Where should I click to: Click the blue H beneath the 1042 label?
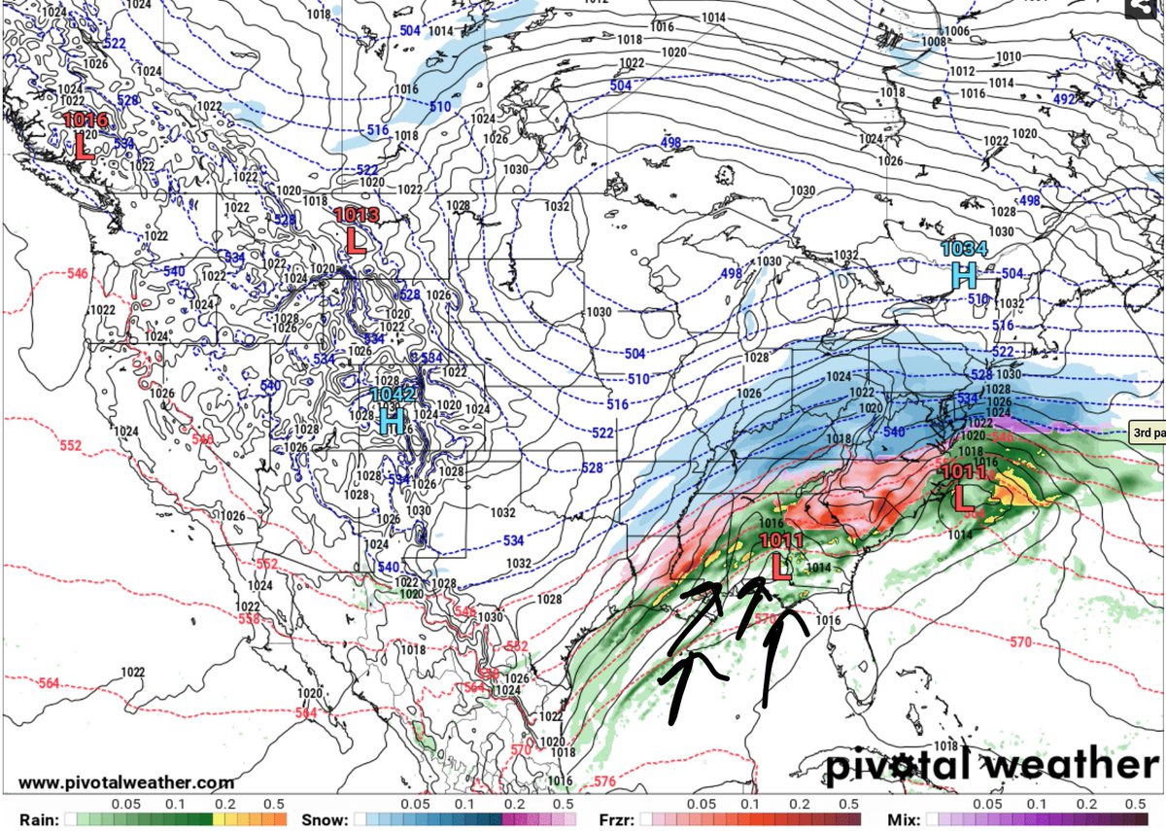point(392,421)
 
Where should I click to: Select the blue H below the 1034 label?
point(963,275)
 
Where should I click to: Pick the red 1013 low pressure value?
point(356,215)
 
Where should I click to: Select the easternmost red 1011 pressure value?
point(964,473)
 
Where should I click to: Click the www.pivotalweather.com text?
point(126,782)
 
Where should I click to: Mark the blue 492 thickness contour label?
point(1063,98)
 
